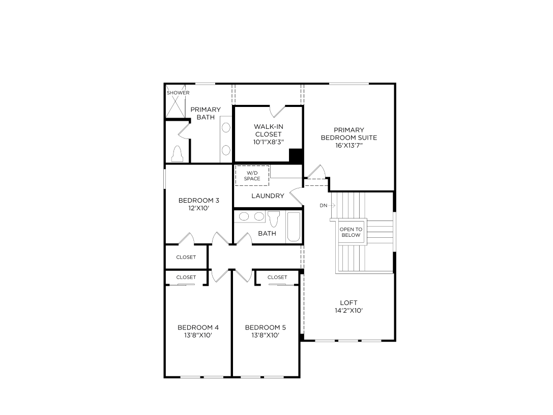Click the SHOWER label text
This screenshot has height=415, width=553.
(x=178, y=93)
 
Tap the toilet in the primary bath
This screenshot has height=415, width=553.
(x=178, y=153)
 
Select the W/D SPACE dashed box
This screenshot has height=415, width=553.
(x=252, y=176)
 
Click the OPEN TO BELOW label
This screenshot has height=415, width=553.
(x=351, y=232)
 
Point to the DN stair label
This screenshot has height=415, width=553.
(x=324, y=206)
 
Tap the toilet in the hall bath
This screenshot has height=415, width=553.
(x=274, y=218)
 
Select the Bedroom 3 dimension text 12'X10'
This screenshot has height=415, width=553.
(x=192, y=208)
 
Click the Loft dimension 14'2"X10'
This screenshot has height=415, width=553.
(x=348, y=310)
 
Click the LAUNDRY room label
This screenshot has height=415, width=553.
(x=268, y=196)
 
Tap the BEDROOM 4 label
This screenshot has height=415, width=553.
(x=198, y=327)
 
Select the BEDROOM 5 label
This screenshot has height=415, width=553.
(x=265, y=327)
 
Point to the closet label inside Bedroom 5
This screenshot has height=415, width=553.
(x=277, y=278)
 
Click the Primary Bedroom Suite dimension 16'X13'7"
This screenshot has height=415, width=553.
(x=348, y=146)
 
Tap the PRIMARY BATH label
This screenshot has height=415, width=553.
(x=206, y=114)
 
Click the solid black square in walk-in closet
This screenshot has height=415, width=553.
(x=296, y=155)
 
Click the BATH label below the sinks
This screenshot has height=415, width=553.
(x=267, y=234)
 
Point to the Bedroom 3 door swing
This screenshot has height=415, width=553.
(x=186, y=238)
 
